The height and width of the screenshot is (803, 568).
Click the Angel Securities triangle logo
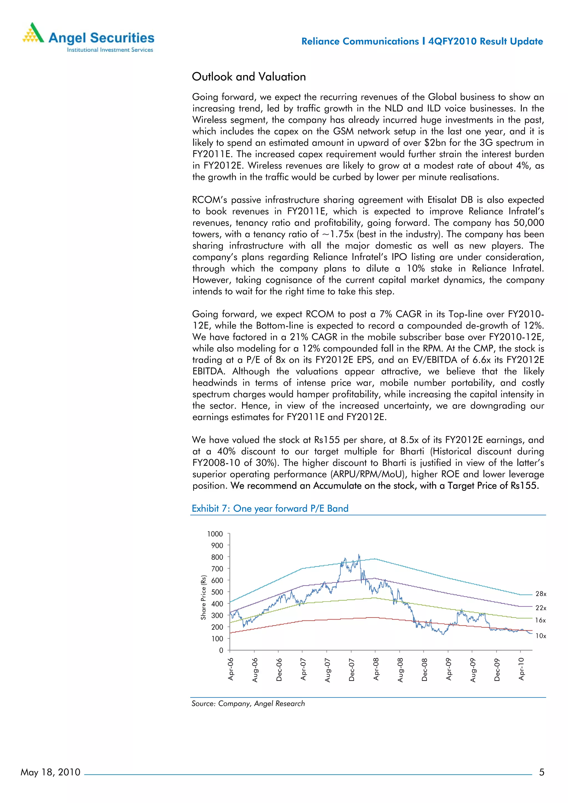click(x=33, y=33)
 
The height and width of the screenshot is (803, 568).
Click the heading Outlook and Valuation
click(x=248, y=76)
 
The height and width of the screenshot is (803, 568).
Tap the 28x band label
click(x=541, y=594)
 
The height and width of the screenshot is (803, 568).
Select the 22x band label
click(x=541, y=608)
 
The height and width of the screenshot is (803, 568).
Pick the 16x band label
click(x=540, y=620)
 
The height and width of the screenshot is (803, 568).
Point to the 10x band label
click(x=541, y=636)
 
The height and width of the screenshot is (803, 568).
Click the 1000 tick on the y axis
click(x=215, y=534)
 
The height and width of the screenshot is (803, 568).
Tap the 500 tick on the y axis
click(x=217, y=592)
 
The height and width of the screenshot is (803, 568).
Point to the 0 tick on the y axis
click(x=221, y=650)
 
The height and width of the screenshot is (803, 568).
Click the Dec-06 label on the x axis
click(x=279, y=669)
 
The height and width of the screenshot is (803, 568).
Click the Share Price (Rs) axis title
click(x=203, y=597)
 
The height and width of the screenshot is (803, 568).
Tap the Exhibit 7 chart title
click(x=270, y=508)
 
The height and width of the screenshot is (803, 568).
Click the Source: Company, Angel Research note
click(x=248, y=703)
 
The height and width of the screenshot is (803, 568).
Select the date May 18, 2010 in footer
click(x=50, y=772)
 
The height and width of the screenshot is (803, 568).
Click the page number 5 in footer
click(x=541, y=772)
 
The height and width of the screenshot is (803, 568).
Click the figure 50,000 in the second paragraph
click(x=528, y=223)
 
